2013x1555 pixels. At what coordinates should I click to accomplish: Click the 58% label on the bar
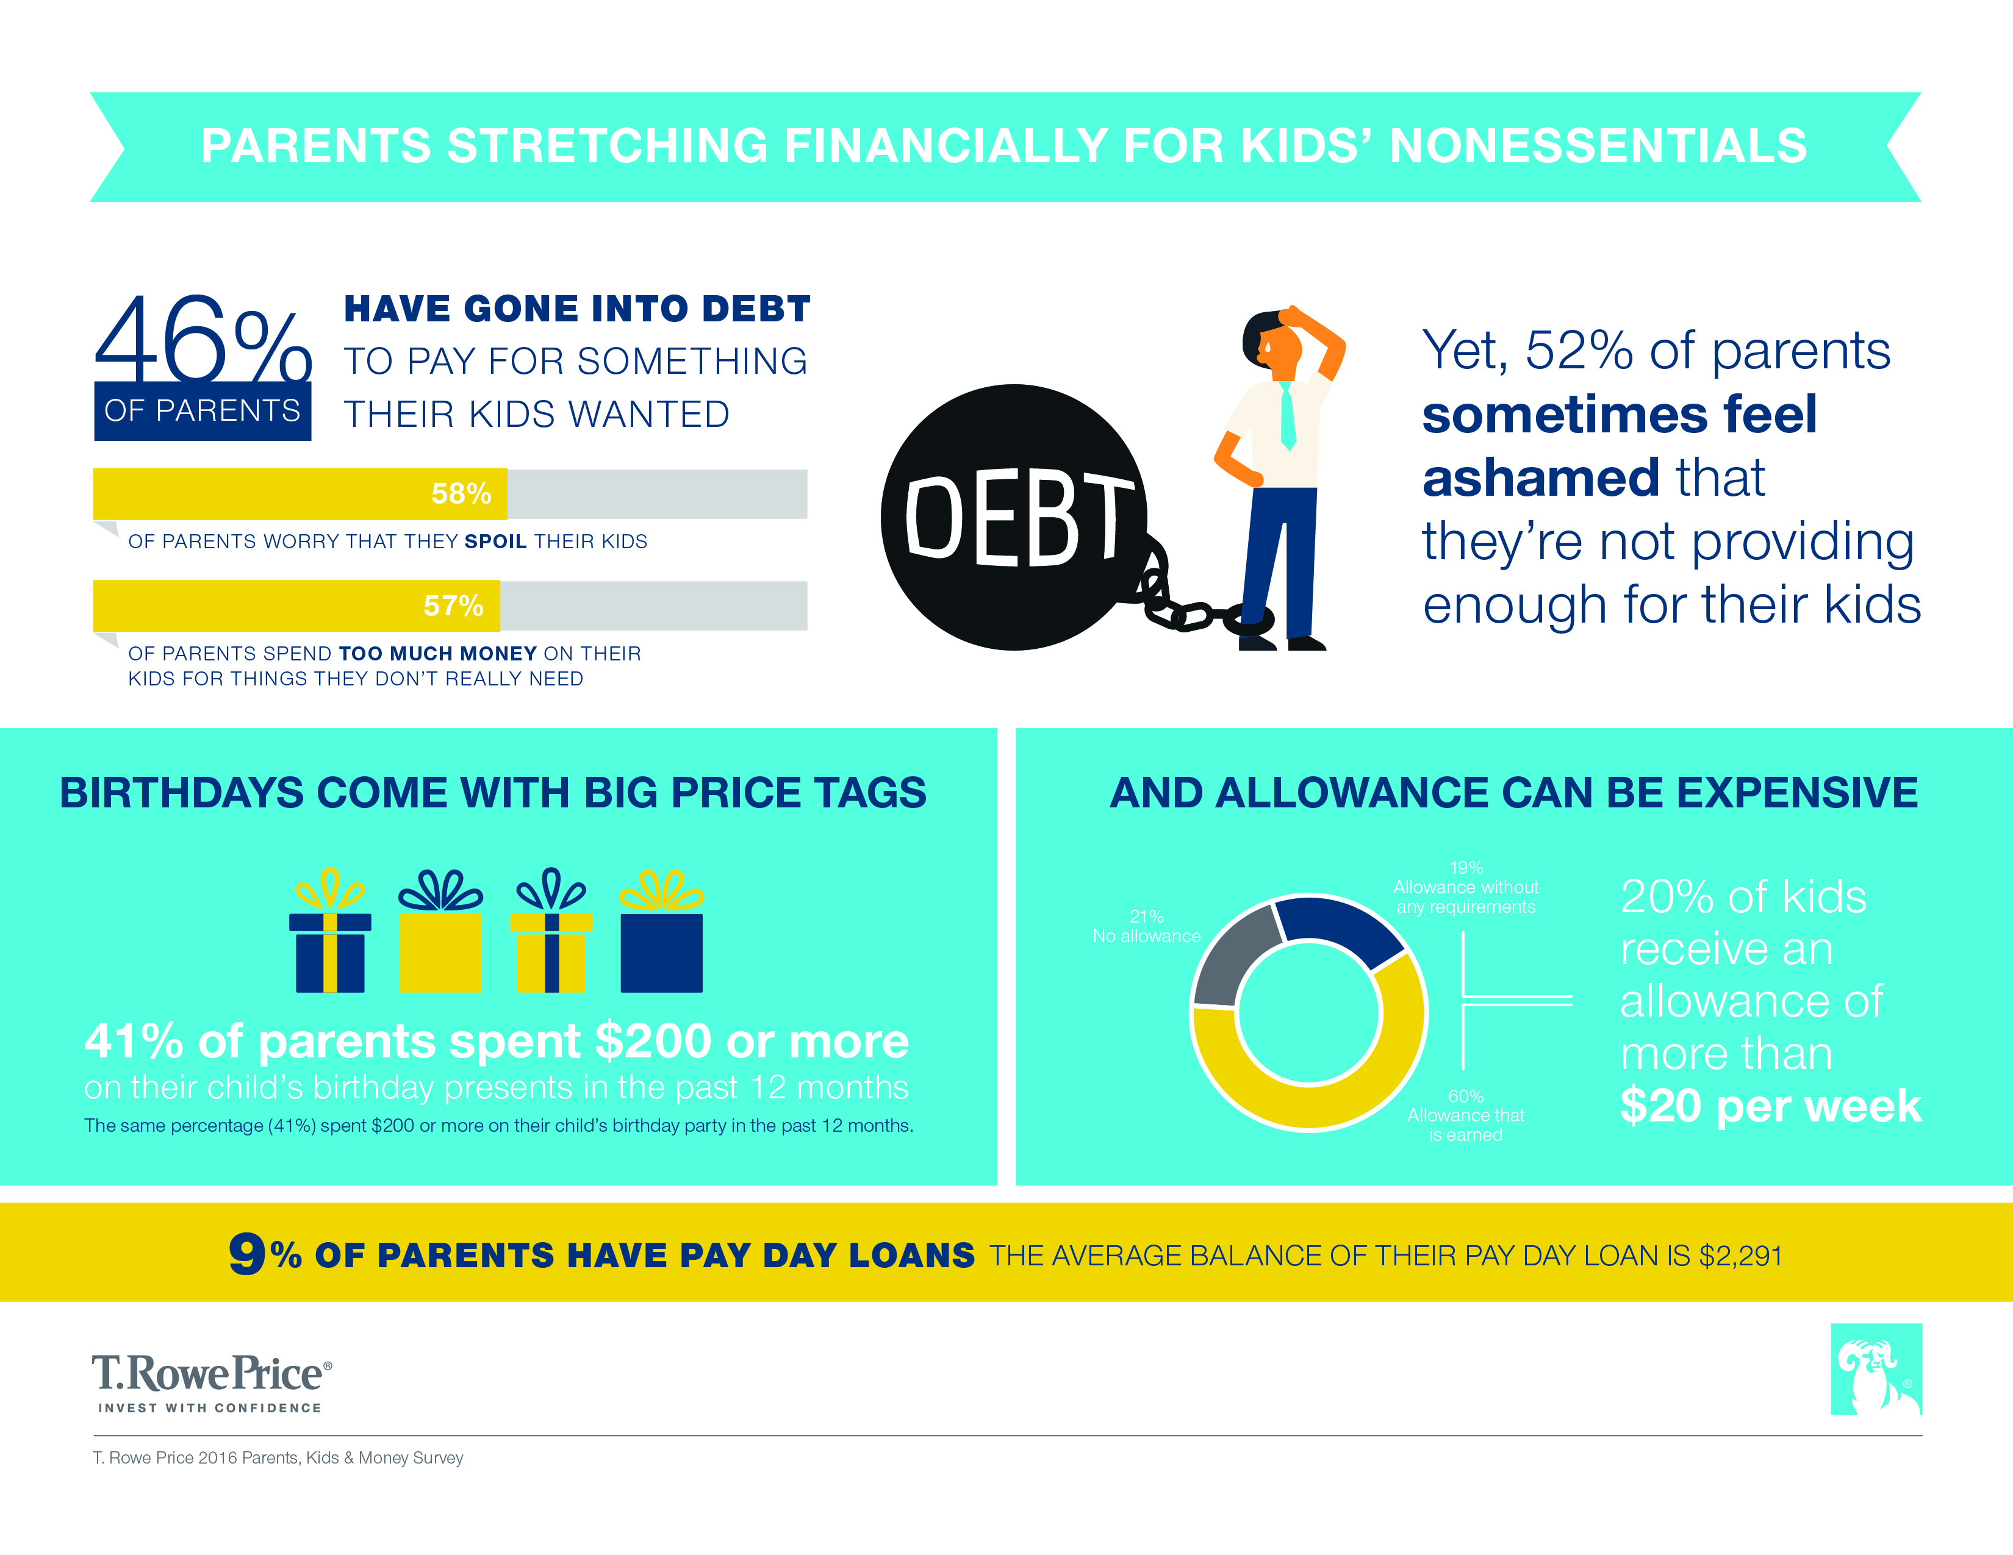pos(461,494)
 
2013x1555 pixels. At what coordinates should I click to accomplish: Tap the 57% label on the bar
pos(453,606)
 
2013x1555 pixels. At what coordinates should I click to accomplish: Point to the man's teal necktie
pos(1288,415)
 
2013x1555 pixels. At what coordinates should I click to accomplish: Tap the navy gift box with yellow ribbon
pos(330,932)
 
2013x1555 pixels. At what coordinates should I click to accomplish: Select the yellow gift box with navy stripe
pos(551,932)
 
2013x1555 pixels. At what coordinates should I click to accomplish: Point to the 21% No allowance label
pos(1147,926)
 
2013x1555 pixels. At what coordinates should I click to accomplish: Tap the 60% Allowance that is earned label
pos(1465,1115)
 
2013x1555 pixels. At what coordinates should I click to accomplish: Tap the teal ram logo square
pos(1876,1369)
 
